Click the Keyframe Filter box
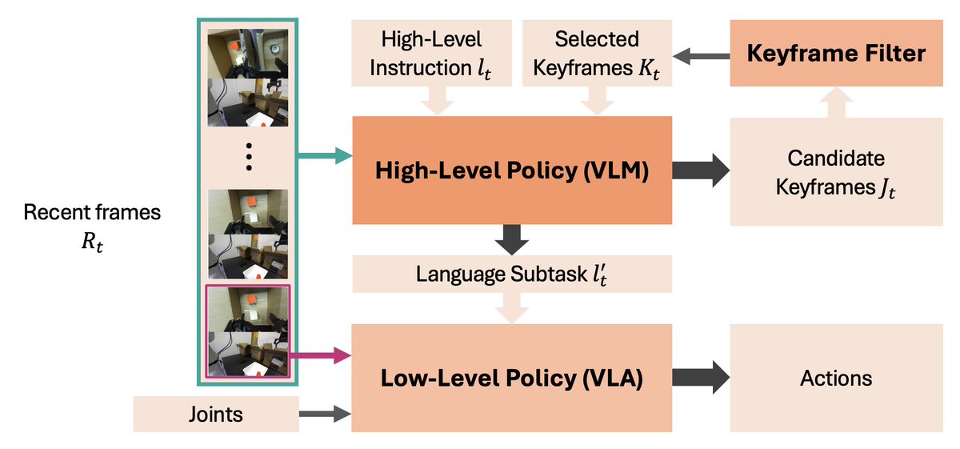pyautogui.click(x=836, y=54)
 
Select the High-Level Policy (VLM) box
pyautogui.click(x=512, y=170)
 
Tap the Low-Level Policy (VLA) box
pyautogui.click(x=512, y=378)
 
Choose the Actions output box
pyautogui.click(x=836, y=378)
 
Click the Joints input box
pyautogui.click(x=216, y=414)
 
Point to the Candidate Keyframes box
pyautogui.click(x=836, y=170)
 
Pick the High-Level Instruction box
pyautogui.click(x=433, y=54)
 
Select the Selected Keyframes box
pyautogui.click(x=597, y=54)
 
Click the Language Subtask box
pyautogui.click(x=512, y=275)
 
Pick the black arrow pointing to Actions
pyautogui.click(x=701, y=378)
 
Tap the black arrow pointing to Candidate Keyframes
pyautogui.click(x=701, y=170)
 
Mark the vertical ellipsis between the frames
pyautogui.click(x=249, y=156)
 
